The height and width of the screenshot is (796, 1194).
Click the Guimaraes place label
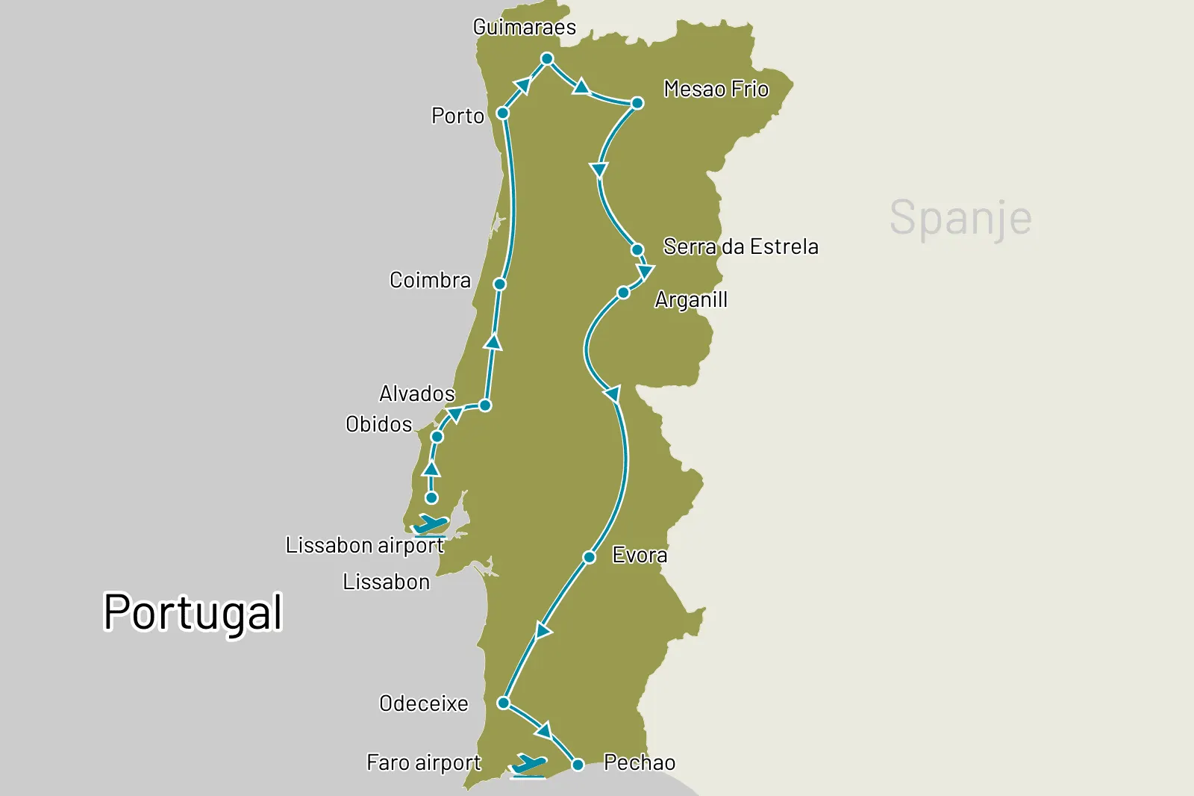coord(525,28)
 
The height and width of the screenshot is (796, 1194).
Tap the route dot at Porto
coord(503,114)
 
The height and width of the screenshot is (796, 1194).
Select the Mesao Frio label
coord(716,90)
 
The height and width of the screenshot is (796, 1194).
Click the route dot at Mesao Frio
coord(637,103)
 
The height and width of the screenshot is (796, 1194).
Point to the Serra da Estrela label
coord(740,246)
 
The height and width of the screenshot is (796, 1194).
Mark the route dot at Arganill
coord(623,293)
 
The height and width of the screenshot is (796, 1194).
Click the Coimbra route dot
coord(500,284)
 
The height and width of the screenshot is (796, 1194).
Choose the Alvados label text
coord(416,394)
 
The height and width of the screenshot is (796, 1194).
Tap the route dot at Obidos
coord(437,437)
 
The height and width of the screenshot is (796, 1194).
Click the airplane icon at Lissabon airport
coord(431,525)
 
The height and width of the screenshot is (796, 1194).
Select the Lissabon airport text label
coord(364,545)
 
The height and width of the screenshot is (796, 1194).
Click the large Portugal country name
coord(193,612)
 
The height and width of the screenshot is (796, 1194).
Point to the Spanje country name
coord(960,218)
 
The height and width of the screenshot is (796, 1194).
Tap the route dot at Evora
coord(590,557)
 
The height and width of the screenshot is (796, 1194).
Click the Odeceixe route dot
coord(504,703)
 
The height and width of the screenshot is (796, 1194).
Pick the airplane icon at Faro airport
coord(528,765)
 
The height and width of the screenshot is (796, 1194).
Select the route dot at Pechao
coord(578,765)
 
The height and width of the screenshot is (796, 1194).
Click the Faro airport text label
coord(423,762)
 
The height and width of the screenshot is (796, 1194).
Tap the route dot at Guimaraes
coord(547,58)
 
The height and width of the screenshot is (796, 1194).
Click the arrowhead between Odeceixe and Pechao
coord(544,730)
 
